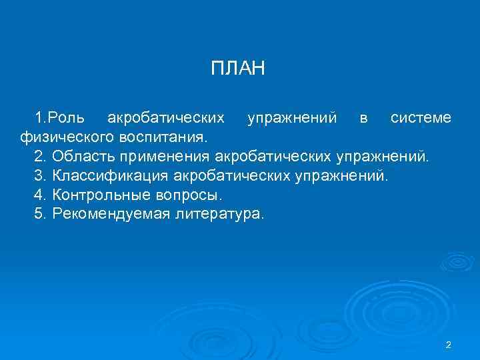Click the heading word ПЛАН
[x=238, y=69]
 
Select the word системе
[x=421, y=119]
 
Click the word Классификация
[x=111, y=177]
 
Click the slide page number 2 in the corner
[x=449, y=345]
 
